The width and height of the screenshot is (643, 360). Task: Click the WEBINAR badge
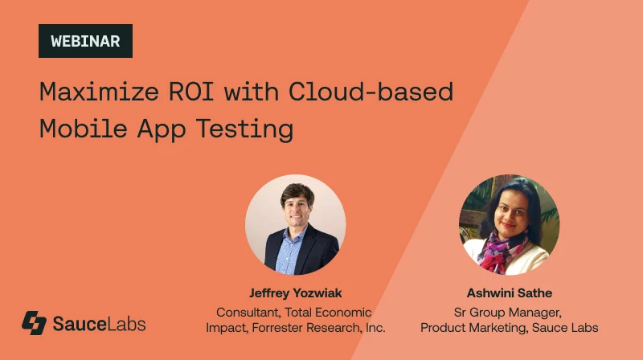click(85, 41)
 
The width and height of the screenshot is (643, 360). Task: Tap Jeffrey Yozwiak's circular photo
click(295, 225)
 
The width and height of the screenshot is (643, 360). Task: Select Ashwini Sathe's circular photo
click(509, 225)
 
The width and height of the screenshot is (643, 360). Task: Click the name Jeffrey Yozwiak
click(295, 293)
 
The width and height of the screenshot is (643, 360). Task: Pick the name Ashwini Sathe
click(509, 293)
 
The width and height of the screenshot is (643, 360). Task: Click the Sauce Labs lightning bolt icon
click(34, 323)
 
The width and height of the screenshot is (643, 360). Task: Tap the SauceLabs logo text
click(99, 324)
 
